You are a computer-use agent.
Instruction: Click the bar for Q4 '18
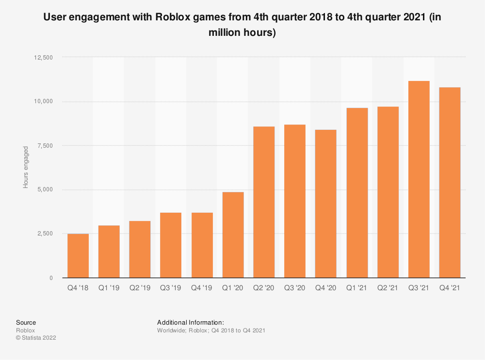pos(78,256)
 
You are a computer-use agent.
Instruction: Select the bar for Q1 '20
pos(233,235)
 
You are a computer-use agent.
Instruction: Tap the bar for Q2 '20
pos(264,202)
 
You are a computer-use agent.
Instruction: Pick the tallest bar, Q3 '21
pos(419,179)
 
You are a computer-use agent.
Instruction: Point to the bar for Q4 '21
pos(450,183)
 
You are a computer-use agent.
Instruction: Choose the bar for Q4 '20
pos(326,203)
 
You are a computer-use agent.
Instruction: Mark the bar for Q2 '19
pos(140,249)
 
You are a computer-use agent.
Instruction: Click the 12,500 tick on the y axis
pos(43,58)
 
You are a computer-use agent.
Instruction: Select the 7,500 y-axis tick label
pos(45,146)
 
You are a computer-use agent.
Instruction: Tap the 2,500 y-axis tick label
pos(45,234)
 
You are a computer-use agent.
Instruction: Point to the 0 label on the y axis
pos(51,278)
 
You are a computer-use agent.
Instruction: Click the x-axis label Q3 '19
pos(171,288)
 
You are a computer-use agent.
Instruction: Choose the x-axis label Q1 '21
pos(356,288)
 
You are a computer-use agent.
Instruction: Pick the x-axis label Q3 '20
pos(294,288)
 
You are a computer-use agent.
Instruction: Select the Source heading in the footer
pos(26,322)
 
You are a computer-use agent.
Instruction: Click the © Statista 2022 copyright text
pos(36,338)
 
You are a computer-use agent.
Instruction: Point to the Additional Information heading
pos(190,322)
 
